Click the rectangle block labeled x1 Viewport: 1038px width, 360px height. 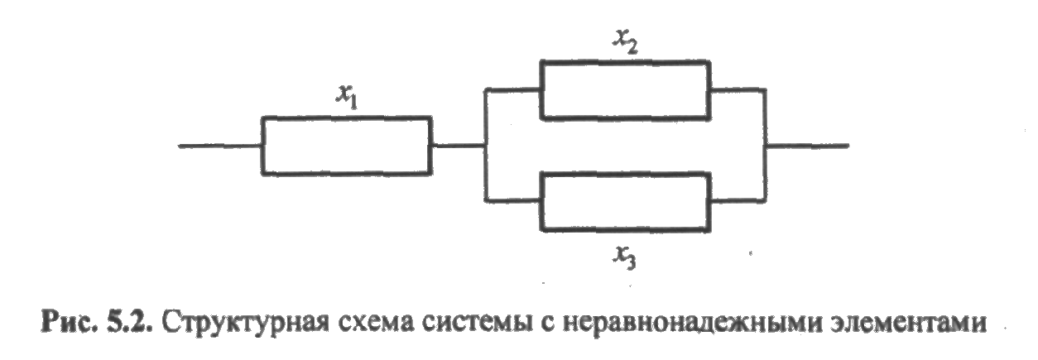click(346, 146)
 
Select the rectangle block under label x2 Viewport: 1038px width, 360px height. click(624, 89)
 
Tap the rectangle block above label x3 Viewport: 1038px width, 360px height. click(624, 201)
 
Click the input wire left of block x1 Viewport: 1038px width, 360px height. click(220, 146)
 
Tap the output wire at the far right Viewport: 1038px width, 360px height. click(807, 146)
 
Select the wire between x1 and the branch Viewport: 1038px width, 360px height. click(458, 146)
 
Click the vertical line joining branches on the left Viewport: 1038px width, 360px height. click(486, 145)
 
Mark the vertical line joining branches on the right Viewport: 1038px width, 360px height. click(766, 145)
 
